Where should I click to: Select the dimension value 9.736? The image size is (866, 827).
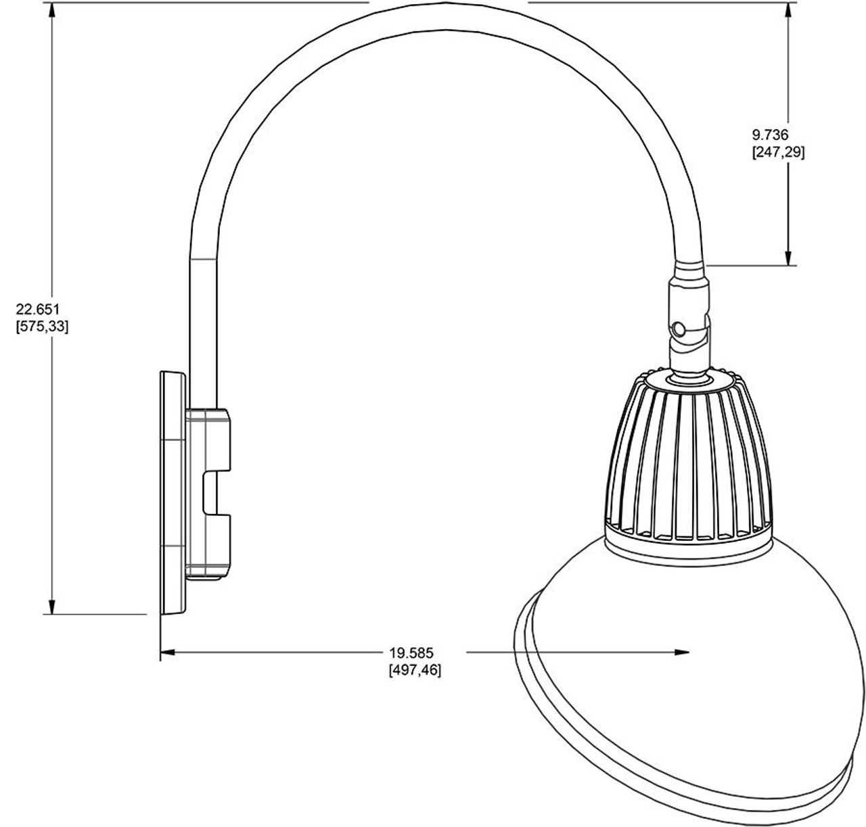(770, 136)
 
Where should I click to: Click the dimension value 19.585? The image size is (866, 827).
(411, 653)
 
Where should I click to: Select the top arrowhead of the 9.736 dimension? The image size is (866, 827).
(789, 9)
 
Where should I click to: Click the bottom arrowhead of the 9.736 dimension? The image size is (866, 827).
(789, 258)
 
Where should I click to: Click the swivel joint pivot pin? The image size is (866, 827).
(679, 329)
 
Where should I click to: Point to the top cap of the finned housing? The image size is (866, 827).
(689, 381)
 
